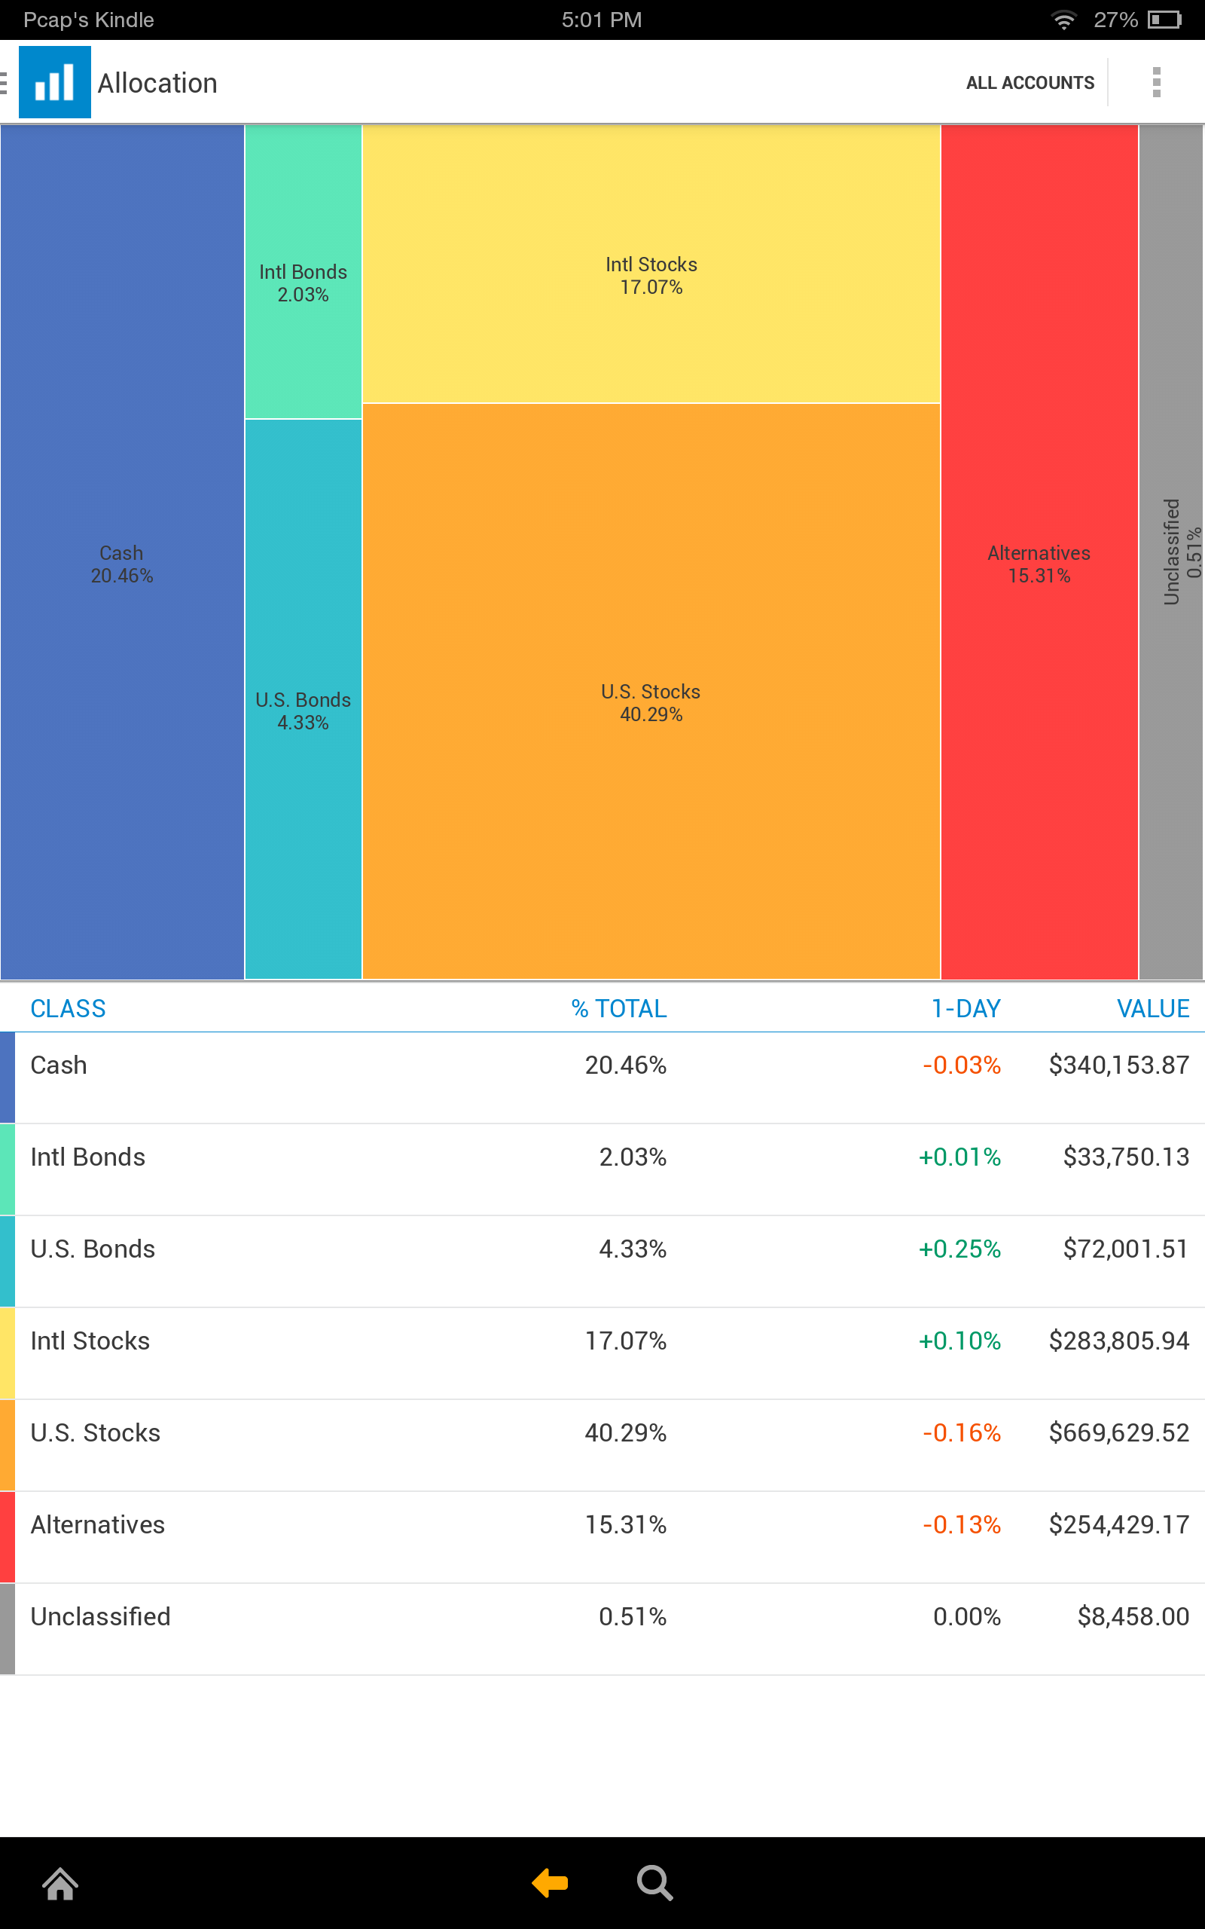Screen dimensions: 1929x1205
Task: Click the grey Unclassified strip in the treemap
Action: (1170, 552)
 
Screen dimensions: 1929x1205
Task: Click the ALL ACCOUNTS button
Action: (1030, 83)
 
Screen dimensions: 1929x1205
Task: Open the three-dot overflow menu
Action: (1156, 82)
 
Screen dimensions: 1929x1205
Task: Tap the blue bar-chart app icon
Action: (54, 82)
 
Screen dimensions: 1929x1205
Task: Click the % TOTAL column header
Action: (618, 1008)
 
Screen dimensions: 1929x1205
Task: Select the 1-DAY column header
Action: (966, 1008)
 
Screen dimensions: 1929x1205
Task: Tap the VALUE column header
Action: (1152, 1008)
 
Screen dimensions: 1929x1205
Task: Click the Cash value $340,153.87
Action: (1118, 1065)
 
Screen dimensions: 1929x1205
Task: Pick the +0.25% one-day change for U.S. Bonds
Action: (959, 1249)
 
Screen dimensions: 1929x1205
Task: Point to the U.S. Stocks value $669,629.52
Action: (1118, 1432)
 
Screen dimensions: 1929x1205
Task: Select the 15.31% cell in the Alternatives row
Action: (626, 1524)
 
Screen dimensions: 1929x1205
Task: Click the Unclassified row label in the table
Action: (100, 1616)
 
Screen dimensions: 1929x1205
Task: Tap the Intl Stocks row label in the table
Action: (90, 1341)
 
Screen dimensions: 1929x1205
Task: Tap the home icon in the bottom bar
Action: (60, 1885)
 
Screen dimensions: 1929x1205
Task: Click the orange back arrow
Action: (550, 1883)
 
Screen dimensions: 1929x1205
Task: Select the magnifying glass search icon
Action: (654, 1883)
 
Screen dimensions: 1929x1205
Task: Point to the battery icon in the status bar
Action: (1164, 20)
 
